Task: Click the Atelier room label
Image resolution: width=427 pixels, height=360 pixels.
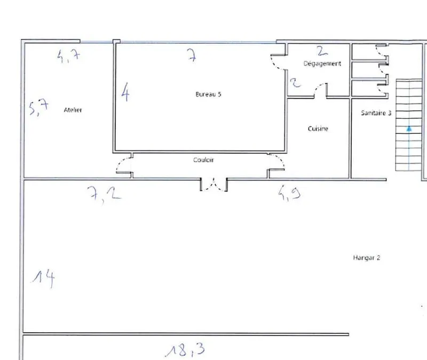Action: click(73, 110)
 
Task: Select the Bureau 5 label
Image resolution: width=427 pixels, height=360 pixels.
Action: click(208, 94)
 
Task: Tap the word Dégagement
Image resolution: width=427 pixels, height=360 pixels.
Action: click(322, 63)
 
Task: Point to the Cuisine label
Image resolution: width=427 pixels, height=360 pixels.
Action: click(318, 129)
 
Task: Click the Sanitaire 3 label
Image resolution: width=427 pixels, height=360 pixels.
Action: click(376, 113)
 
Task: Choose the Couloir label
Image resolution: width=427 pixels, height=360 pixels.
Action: click(203, 160)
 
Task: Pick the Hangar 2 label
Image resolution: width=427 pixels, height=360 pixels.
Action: click(367, 258)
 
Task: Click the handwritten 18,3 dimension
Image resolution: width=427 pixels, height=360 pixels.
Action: click(185, 350)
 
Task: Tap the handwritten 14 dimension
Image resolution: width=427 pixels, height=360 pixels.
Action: click(44, 278)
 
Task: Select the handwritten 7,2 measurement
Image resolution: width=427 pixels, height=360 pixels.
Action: click(104, 194)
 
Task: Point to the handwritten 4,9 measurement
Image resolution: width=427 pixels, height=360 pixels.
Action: click(289, 193)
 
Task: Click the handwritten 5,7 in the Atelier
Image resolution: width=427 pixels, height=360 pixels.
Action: click(39, 107)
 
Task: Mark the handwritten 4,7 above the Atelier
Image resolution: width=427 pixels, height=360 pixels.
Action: click(69, 56)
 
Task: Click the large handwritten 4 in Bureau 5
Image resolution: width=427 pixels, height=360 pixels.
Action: click(125, 92)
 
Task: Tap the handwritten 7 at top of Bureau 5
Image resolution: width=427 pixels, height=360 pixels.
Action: click(192, 55)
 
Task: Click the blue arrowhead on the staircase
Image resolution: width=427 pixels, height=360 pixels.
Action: click(409, 129)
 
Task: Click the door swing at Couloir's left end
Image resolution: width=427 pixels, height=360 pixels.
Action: click(124, 165)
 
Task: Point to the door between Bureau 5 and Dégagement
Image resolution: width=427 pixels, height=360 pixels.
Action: click(278, 62)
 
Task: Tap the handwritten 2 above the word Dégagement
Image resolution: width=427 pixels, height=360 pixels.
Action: click(322, 51)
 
